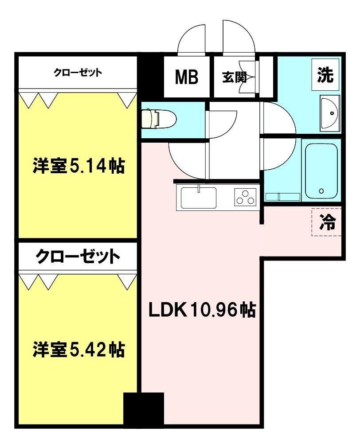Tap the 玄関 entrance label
point(235,77)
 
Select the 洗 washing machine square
point(325,75)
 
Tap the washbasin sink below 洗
point(330,113)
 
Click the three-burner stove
point(245,197)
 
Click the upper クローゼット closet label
point(78,73)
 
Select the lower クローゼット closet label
point(78,257)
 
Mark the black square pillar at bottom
point(144,409)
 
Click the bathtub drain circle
point(321,191)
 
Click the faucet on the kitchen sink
point(199,188)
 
